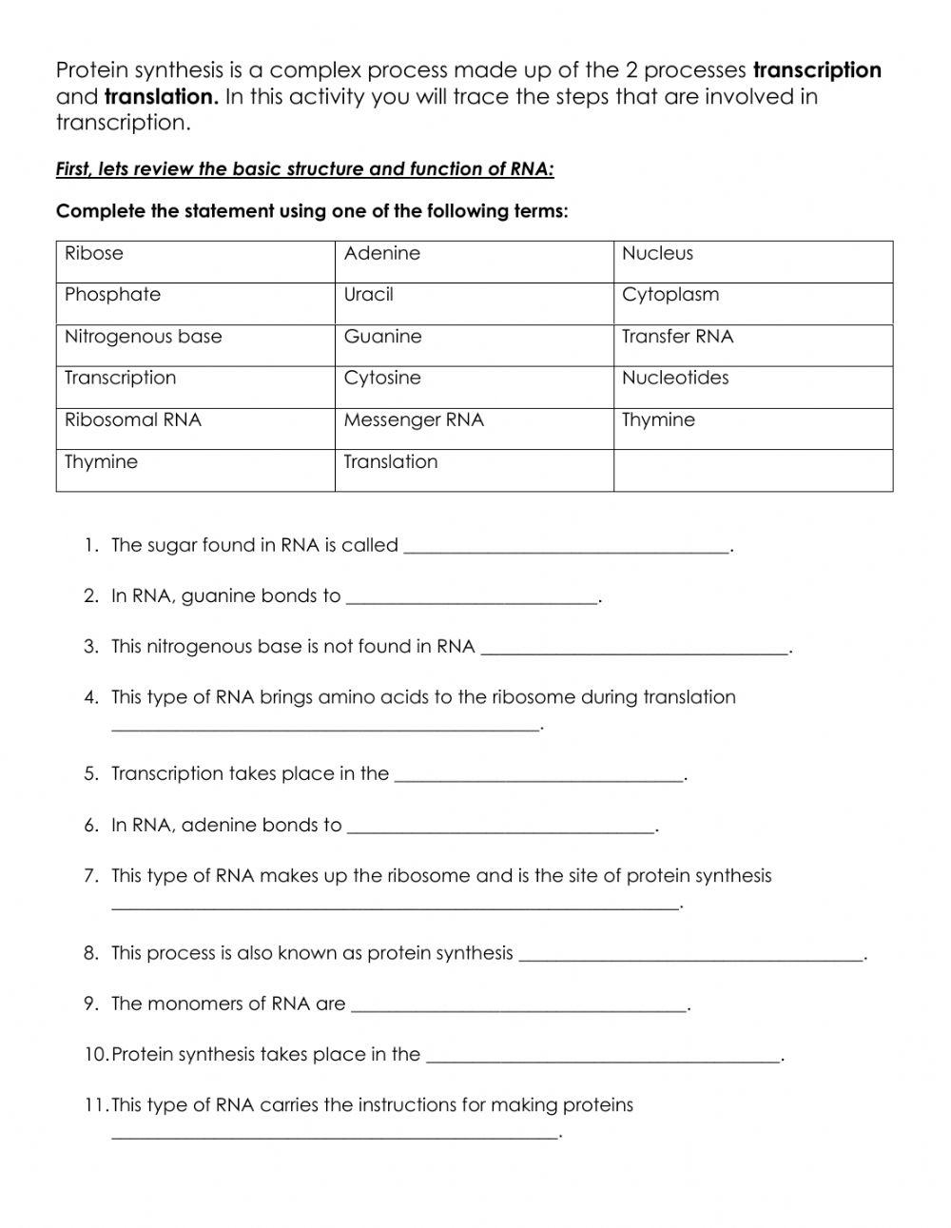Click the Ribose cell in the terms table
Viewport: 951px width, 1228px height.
pos(195,262)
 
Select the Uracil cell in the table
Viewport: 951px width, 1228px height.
pos(474,302)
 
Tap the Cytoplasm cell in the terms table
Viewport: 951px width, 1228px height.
pos(752,302)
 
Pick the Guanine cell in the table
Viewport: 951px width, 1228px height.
pos(474,344)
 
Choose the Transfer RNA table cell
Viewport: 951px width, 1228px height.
pos(752,344)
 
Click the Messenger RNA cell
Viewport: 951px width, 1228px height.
pos(474,428)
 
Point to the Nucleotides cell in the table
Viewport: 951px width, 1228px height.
pos(752,386)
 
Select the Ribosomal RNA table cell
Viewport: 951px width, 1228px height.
pos(195,428)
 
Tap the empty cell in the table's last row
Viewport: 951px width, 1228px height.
pos(752,470)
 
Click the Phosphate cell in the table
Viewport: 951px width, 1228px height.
pos(195,302)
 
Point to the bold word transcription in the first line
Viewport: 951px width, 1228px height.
pos(817,70)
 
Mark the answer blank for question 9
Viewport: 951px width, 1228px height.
pos(518,1005)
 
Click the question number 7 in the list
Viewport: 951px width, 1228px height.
pos(90,876)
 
